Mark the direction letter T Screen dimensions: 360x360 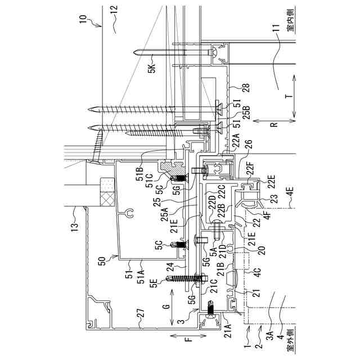pyautogui.click(x=289, y=96)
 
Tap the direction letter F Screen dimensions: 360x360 pyautogui.click(x=190, y=340)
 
